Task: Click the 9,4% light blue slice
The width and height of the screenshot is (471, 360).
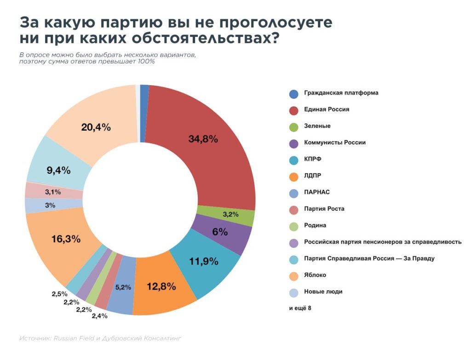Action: point(58,170)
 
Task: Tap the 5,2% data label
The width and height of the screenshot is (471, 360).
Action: point(123,287)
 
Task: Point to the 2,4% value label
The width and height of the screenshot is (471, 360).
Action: point(99,316)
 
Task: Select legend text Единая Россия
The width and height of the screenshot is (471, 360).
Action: point(327,109)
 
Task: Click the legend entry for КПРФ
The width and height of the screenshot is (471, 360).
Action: point(312,159)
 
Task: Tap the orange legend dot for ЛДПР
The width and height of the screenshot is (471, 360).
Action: point(293,176)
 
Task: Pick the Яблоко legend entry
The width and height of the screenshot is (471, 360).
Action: point(315,275)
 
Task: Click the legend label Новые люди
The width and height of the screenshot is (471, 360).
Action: point(323,291)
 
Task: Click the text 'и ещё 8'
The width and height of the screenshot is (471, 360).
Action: point(300,308)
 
